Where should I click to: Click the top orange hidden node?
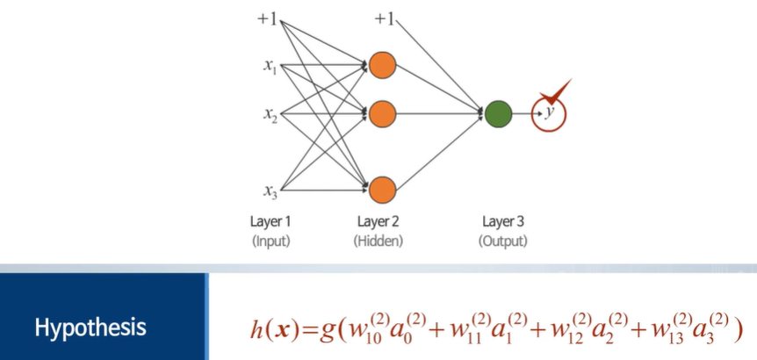pos(382,65)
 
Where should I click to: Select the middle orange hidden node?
pos(382,113)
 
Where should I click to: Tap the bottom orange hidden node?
pos(382,188)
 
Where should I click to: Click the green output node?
pos(498,113)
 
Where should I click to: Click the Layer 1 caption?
pos(270,221)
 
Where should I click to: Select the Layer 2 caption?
pos(378,221)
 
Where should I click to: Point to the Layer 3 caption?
pos(504,221)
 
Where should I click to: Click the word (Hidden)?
pos(378,240)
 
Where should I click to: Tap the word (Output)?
pos(504,240)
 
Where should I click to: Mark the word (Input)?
pos(270,240)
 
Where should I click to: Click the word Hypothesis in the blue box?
pos(90,328)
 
